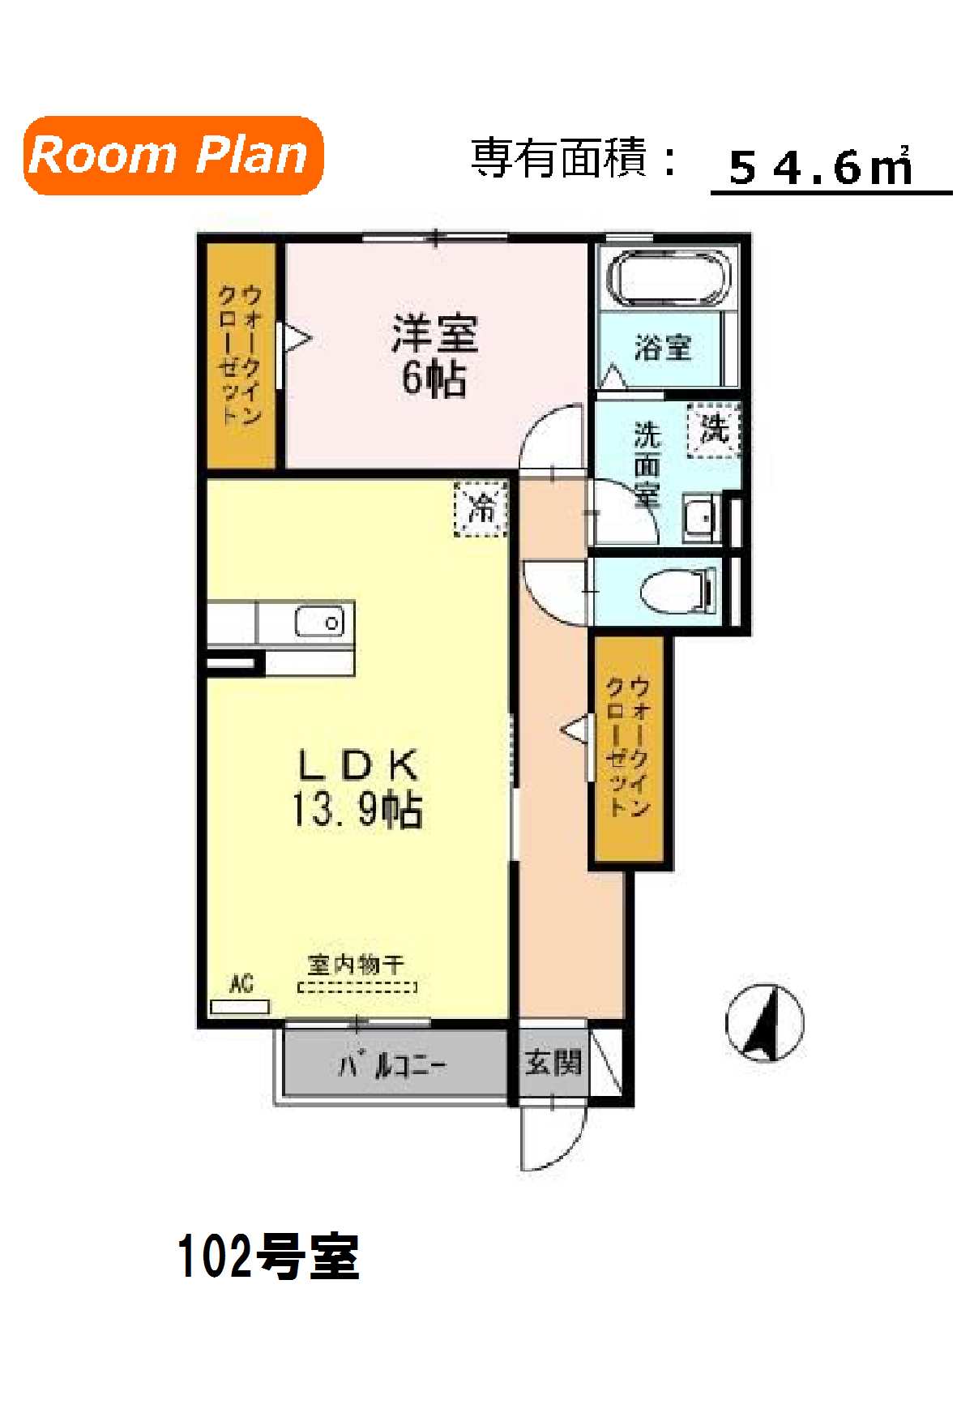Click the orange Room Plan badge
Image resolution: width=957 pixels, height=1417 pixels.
click(x=173, y=156)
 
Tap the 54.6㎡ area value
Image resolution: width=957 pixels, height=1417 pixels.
click(x=820, y=167)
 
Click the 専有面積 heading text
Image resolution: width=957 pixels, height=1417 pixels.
click(x=559, y=157)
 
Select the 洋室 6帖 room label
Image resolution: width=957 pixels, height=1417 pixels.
click(x=434, y=355)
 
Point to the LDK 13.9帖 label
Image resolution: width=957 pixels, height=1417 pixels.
click(x=357, y=787)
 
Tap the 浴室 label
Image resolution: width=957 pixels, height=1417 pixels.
click(x=663, y=348)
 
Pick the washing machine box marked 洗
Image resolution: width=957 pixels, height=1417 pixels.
click(x=714, y=430)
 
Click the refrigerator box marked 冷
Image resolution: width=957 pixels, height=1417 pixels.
click(x=481, y=508)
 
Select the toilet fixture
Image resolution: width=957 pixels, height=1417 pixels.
click(x=678, y=591)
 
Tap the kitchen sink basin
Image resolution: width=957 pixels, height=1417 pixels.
click(x=319, y=622)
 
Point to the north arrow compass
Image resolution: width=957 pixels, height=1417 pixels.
click(x=764, y=1023)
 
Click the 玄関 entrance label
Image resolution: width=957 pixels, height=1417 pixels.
click(x=553, y=1063)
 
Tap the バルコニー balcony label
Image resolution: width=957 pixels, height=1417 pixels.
click(x=392, y=1064)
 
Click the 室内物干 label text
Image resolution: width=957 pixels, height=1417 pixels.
click(x=356, y=965)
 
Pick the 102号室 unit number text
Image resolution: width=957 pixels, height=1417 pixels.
click(x=268, y=1257)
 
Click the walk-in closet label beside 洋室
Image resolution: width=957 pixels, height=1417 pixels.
click(x=241, y=354)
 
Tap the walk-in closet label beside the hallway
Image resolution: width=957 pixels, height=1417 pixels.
click(x=629, y=746)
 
